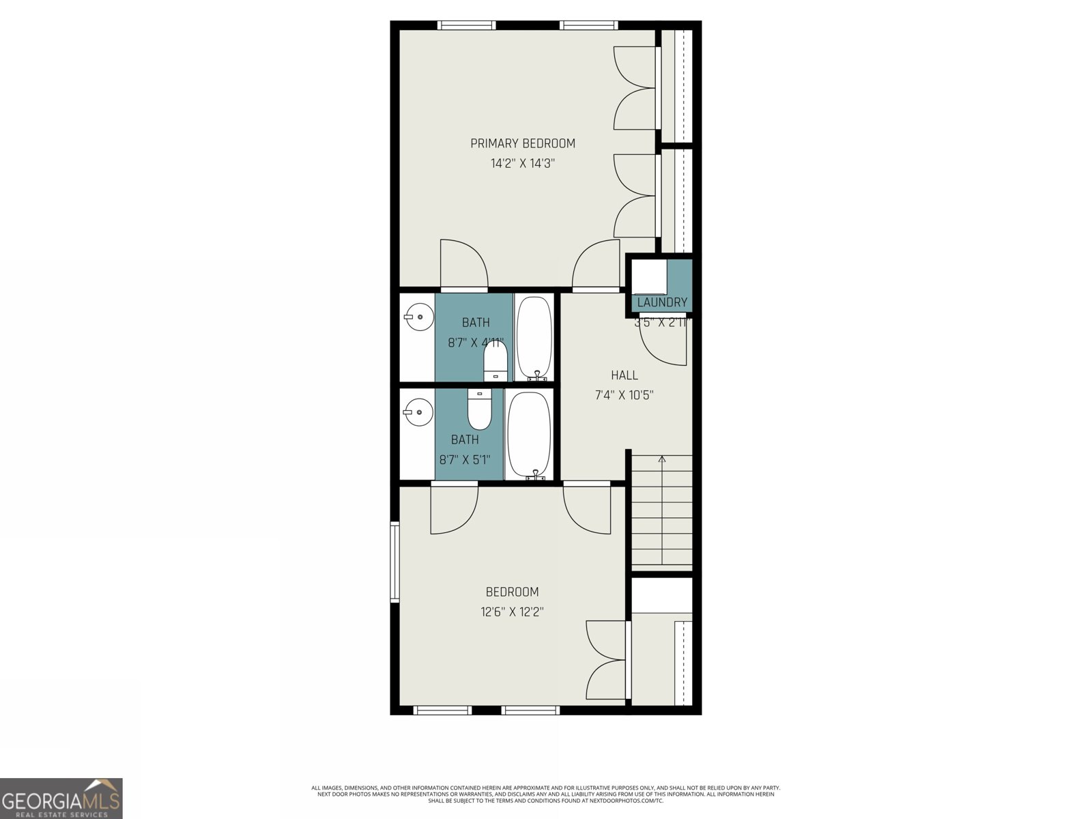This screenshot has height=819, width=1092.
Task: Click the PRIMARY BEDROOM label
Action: [x=523, y=143]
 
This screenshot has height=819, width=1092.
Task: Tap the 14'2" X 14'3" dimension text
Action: [x=523, y=164]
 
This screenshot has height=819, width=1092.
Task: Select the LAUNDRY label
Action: [x=661, y=302]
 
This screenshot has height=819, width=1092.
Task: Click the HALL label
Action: [x=624, y=375]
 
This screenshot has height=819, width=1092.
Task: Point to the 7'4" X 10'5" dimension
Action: [x=624, y=395]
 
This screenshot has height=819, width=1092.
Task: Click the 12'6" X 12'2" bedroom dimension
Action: [x=512, y=612]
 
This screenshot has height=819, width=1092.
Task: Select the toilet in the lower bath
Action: [x=479, y=409]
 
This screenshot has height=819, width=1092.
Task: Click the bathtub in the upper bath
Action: [x=534, y=338]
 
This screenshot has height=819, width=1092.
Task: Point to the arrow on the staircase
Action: [x=661, y=461]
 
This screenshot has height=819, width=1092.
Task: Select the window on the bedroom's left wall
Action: [x=394, y=562]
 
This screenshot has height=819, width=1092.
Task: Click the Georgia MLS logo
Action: [x=61, y=798]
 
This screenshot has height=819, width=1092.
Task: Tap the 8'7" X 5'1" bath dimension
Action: [x=465, y=460]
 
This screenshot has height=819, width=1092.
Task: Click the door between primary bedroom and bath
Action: [x=464, y=266]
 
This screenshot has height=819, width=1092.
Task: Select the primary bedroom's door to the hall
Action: [x=596, y=266]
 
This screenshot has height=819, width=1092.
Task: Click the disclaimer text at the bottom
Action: [x=546, y=794]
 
